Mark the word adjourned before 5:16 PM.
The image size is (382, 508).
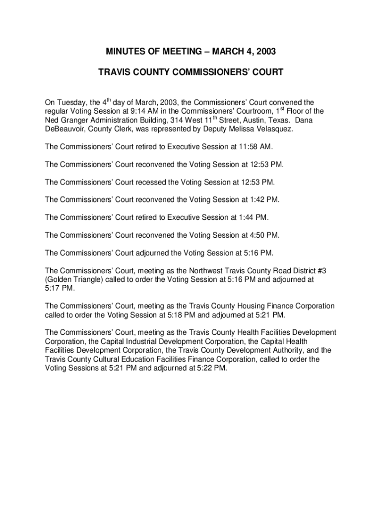pos(153,253)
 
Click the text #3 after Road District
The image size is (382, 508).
pos(321,271)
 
